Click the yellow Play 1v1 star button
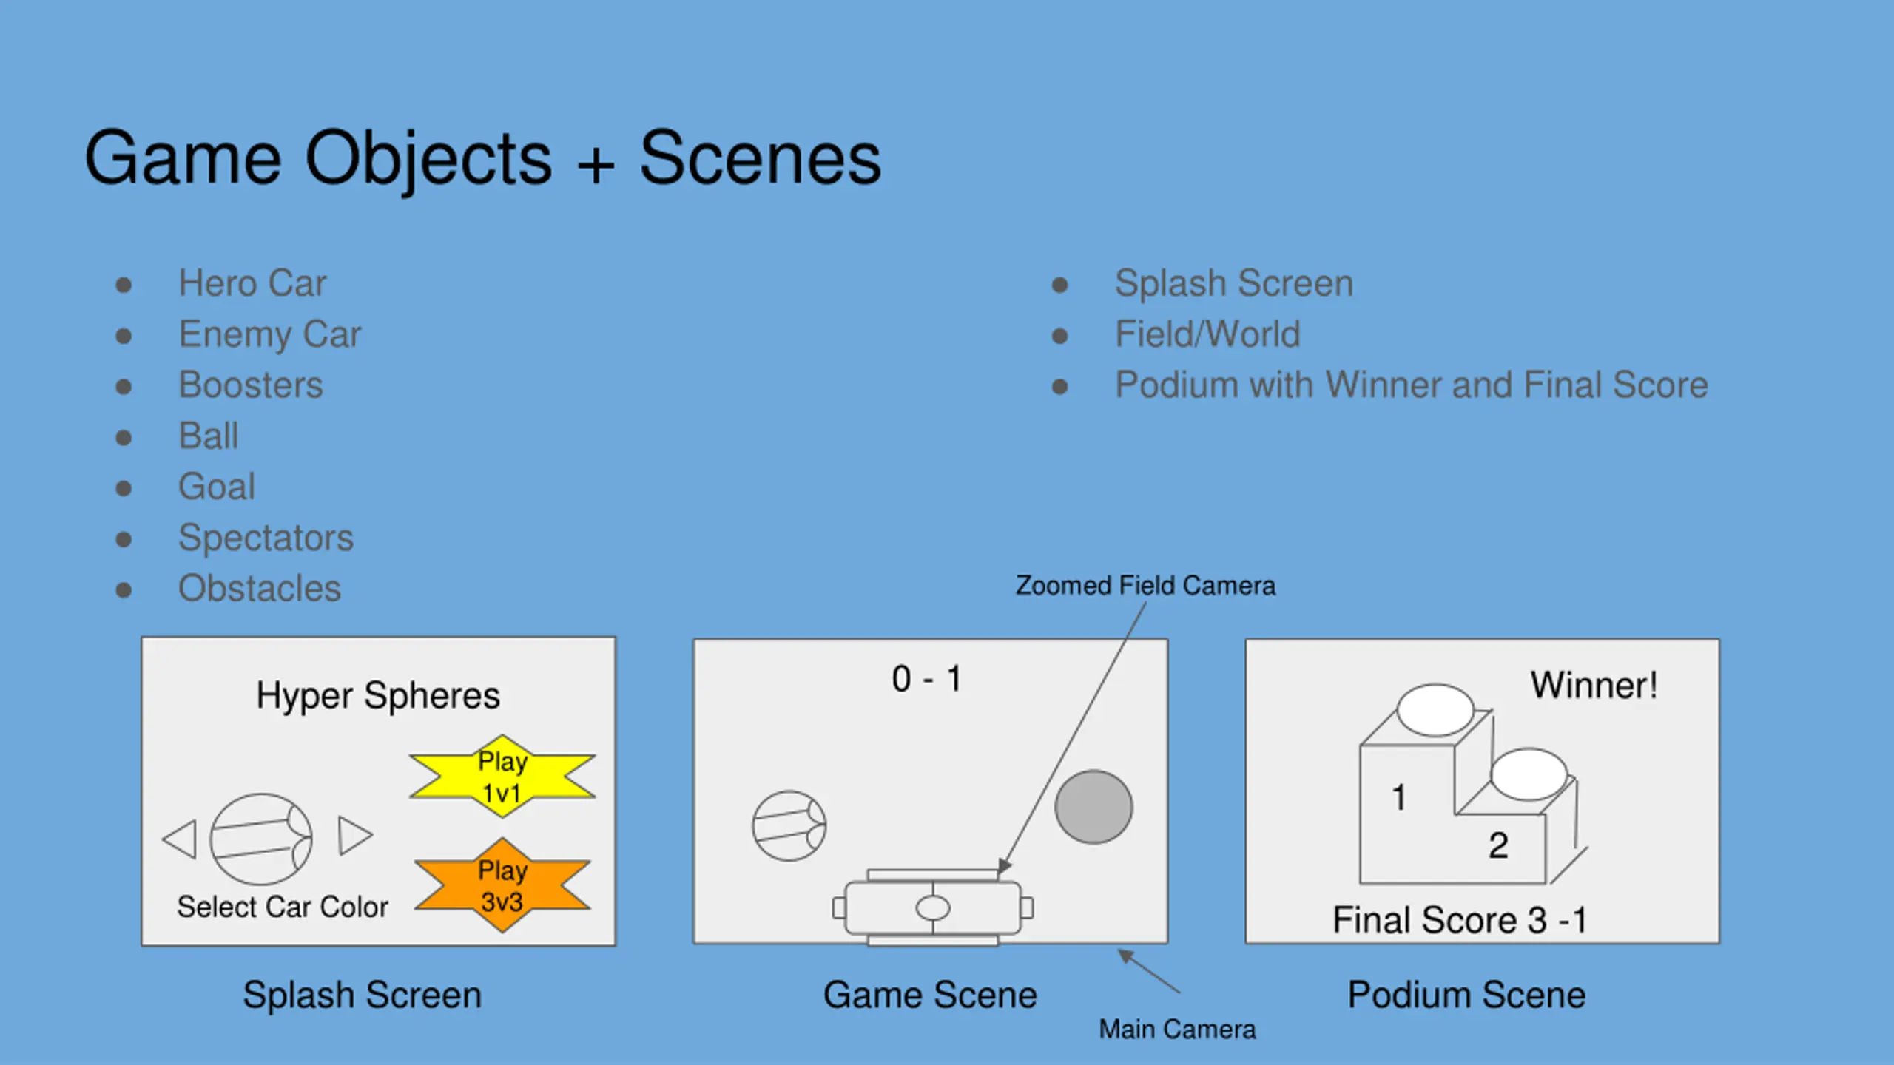click(502, 777)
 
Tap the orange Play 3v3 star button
click(502, 885)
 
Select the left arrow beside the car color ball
click(181, 839)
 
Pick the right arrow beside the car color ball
click(354, 836)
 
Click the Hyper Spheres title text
click(378, 696)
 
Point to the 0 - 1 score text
click(926, 679)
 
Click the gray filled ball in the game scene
click(1093, 807)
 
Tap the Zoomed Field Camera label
click(1145, 586)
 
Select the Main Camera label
click(1177, 1029)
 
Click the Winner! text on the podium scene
click(1594, 686)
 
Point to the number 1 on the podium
click(1398, 797)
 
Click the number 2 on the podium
click(1498, 845)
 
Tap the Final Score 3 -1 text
click(1459, 921)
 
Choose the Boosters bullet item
click(251, 385)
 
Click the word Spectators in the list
click(266, 538)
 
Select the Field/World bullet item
click(1207, 334)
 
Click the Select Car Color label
click(283, 907)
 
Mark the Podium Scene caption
click(1466, 995)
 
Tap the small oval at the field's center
click(932, 907)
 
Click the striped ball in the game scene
click(789, 826)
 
